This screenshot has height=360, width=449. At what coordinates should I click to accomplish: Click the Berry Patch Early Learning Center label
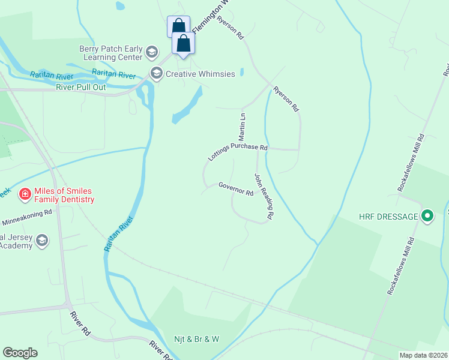click(110, 53)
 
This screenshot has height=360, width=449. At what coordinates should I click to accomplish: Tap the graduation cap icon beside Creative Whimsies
click(157, 74)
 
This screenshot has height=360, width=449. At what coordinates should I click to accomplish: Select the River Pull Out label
click(81, 86)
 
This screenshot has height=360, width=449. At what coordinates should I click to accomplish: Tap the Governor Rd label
click(236, 189)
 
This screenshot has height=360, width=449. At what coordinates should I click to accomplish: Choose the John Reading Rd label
click(264, 196)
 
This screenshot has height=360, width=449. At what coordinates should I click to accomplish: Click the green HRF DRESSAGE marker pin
click(427, 215)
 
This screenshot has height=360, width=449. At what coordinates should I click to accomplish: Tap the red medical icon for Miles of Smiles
click(25, 193)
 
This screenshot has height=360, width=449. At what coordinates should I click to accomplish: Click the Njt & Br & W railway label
click(197, 339)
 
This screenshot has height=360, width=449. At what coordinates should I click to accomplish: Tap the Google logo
click(20, 353)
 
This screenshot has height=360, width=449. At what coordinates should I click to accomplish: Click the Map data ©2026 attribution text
click(423, 355)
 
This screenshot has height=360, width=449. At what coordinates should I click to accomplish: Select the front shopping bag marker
click(184, 43)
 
